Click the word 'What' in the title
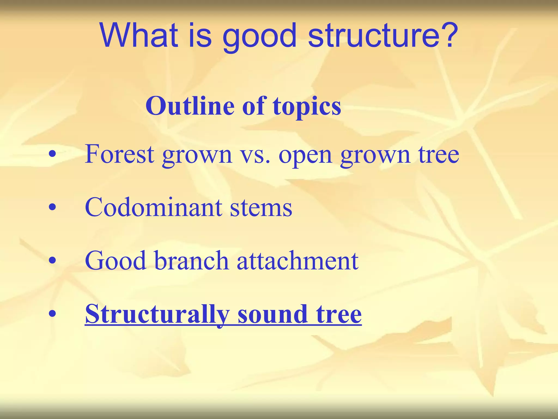tap(139, 35)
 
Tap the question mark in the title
tap(447, 35)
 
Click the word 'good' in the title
tap(259, 38)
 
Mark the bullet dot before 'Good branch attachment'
tap(52, 262)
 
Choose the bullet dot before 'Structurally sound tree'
tap(52, 315)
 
